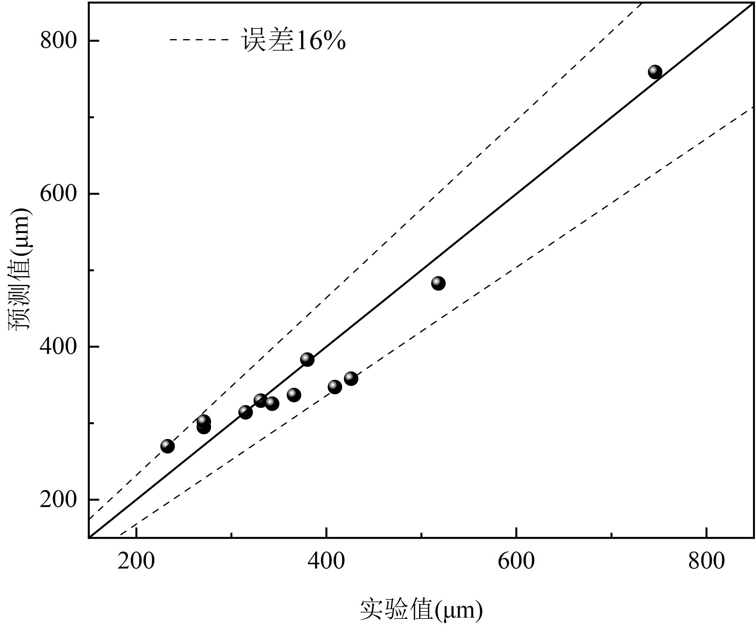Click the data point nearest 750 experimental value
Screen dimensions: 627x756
[655, 72]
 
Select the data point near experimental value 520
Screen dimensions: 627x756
[438, 283]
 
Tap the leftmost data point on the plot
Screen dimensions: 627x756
[167, 446]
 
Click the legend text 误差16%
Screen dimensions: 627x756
[294, 40]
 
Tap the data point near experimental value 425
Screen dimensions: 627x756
[351, 379]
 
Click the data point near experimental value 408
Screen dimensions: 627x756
[335, 387]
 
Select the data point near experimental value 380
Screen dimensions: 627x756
[307, 359]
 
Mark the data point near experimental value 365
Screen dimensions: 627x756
[294, 395]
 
